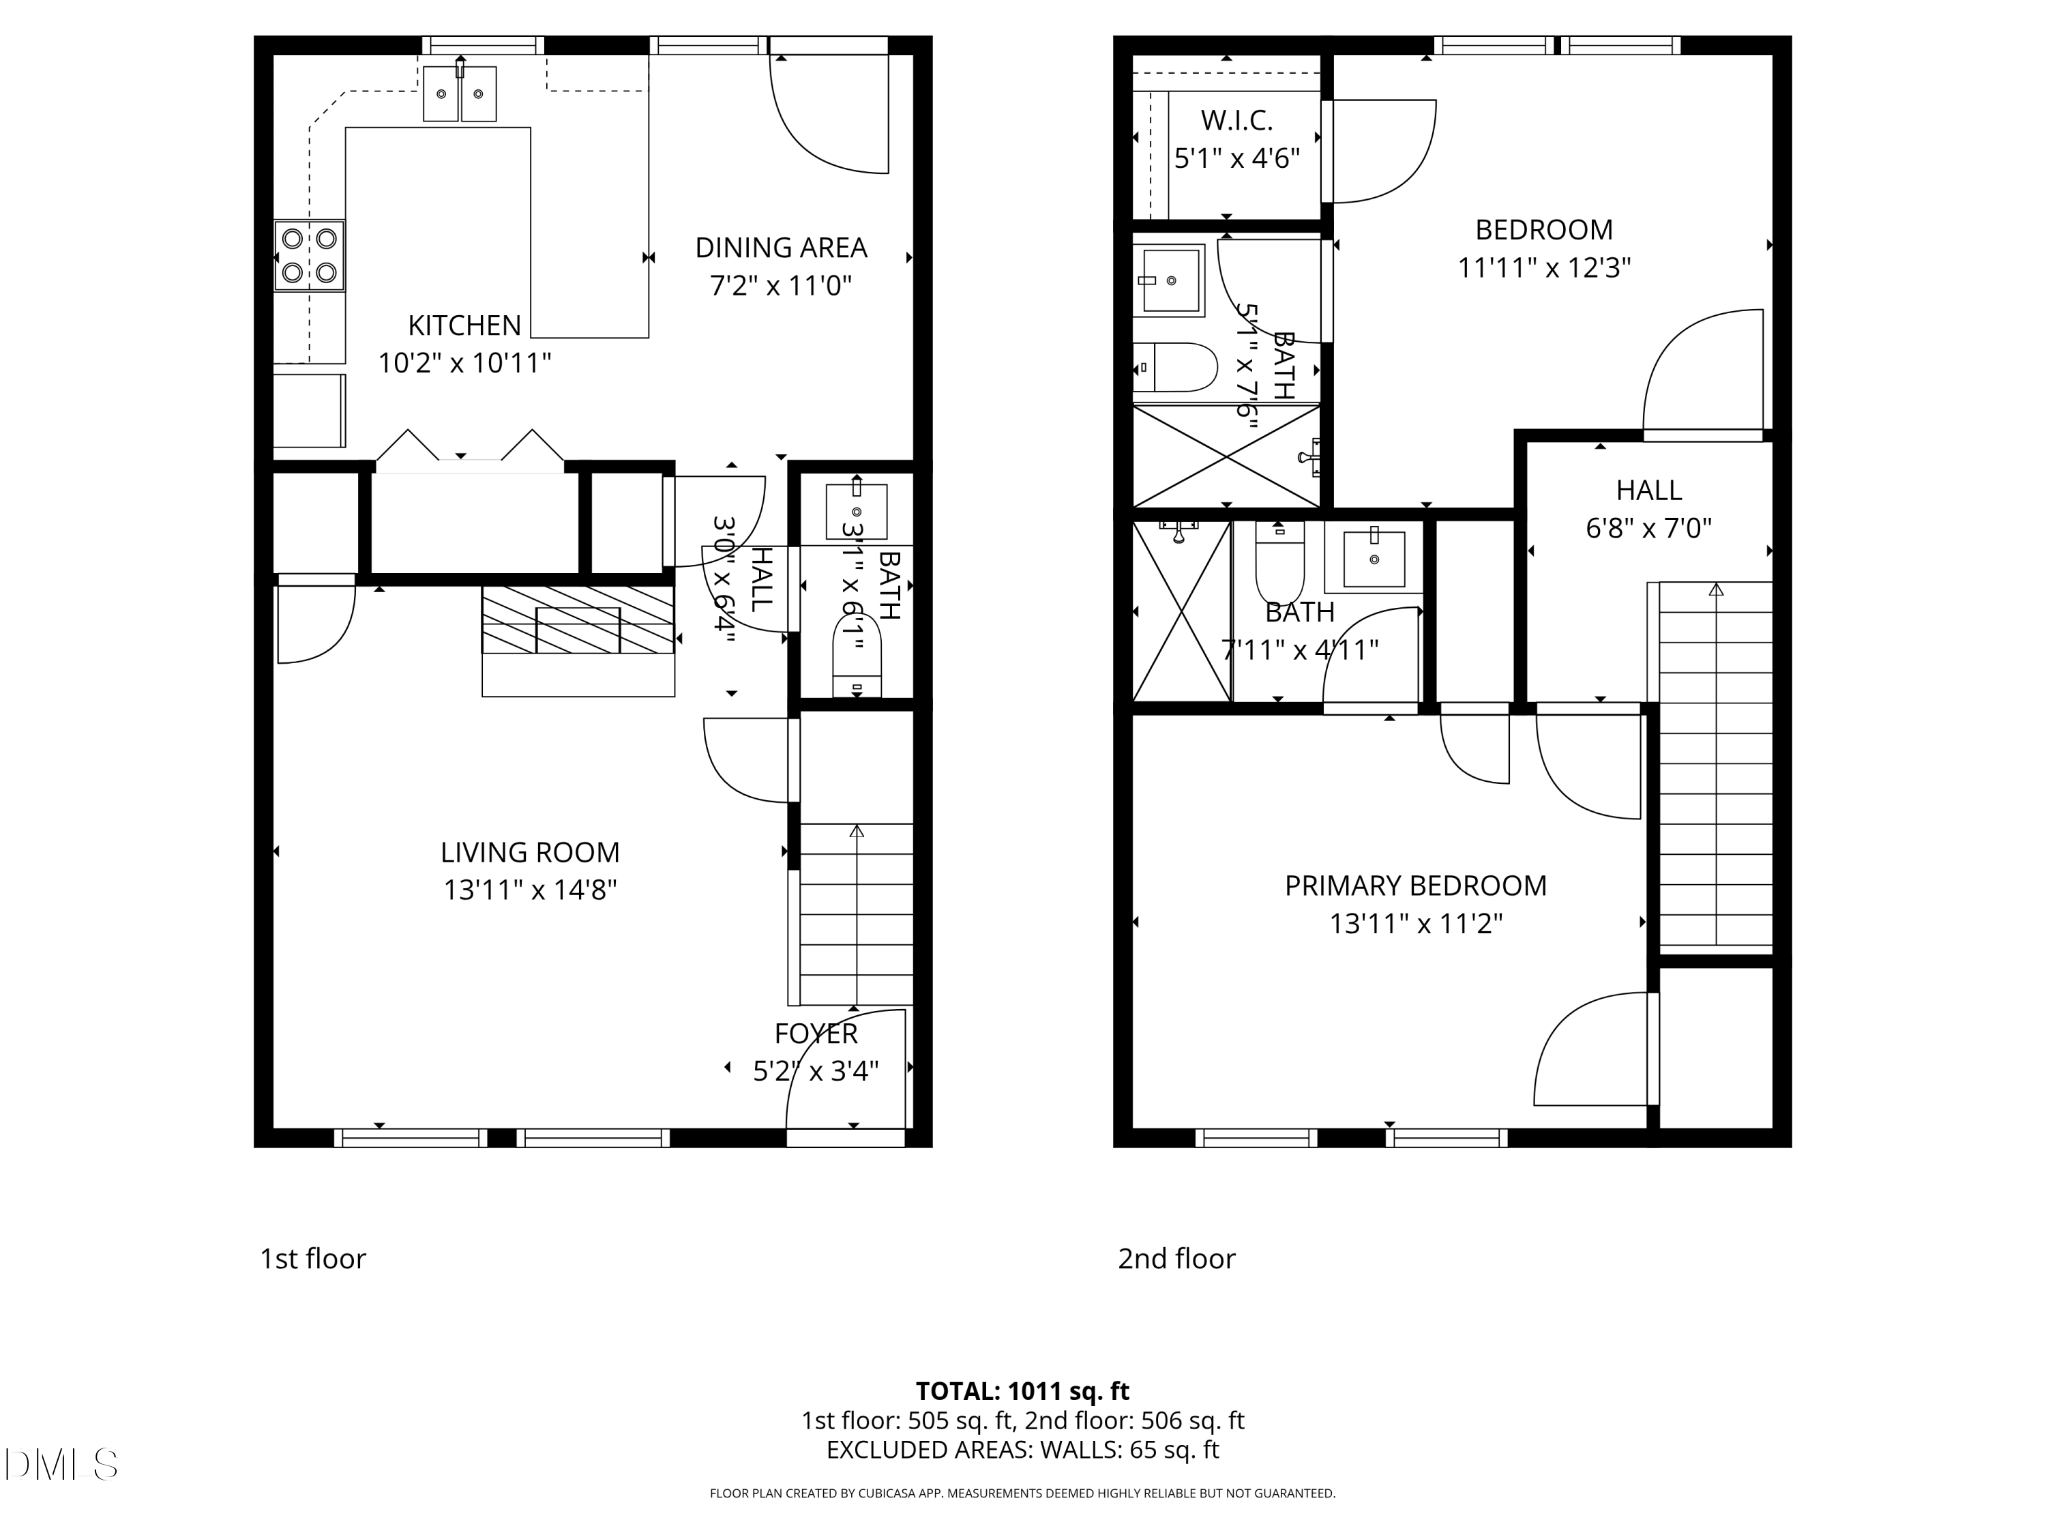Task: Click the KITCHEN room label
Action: tap(464, 325)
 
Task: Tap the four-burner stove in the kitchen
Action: tap(309, 255)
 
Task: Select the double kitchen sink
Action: tap(460, 93)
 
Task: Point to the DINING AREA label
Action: tap(781, 248)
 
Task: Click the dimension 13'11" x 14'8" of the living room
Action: tap(530, 890)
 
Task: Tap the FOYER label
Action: tap(816, 1033)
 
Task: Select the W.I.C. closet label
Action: tap(1236, 120)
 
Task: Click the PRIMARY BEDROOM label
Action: tap(1415, 886)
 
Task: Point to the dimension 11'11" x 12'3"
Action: tap(1544, 268)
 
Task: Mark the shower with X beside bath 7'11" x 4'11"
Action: tap(1181, 611)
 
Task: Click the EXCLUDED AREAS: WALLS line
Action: tap(1022, 1450)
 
